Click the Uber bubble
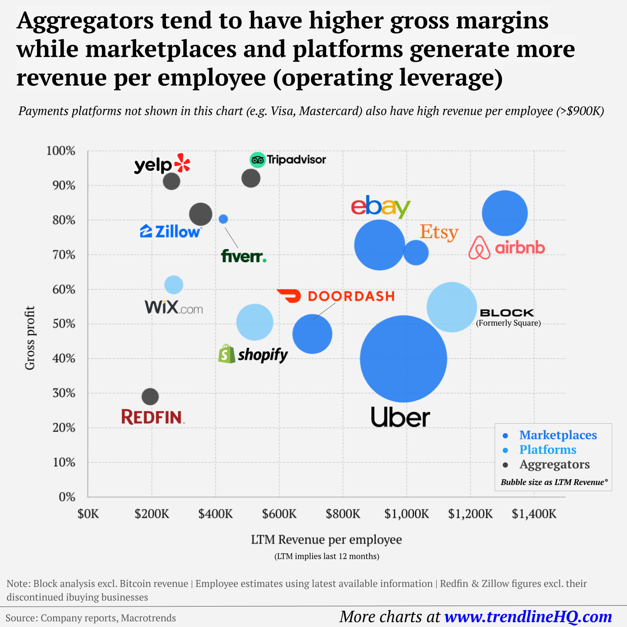coord(403,359)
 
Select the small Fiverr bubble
coord(223,219)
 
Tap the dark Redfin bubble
coord(150,397)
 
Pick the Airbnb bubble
coord(505,213)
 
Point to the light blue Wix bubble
coord(174,285)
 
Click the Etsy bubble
coord(416,253)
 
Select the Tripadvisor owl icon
coord(257,160)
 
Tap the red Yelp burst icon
coord(182,164)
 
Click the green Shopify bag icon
coord(226,354)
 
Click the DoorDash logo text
coord(351,297)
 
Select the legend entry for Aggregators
coord(554,465)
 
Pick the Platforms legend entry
coord(547,450)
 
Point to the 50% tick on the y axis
coord(64,324)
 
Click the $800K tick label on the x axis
coord(343,514)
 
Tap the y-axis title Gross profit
coord(30,338)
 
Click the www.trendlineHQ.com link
coord(528,617)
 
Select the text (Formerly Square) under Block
coord(508,323)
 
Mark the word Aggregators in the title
coord(85,20)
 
